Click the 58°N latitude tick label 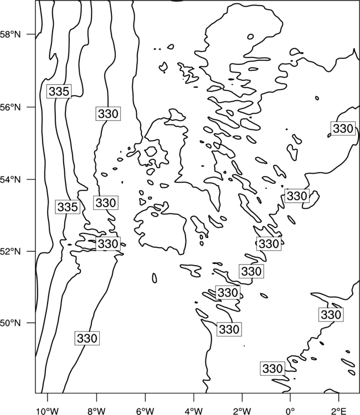tap(10, 34)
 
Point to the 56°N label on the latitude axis tap(10, 107)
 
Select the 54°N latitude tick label tap(10, 180)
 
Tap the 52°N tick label tap(10, 251)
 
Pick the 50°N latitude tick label tap(10, 323)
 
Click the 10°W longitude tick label tap(48, 411)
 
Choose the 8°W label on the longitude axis tap(96, 411)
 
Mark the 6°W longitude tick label tap(145, 411)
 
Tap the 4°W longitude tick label tap(194, 411)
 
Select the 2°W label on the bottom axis tap(242, 411)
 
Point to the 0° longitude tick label tap(290, 411)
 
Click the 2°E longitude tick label tap(339, 411)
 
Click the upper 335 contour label tap(59, 91)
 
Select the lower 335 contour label tap(68, 207)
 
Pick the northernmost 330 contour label tap(108, 114)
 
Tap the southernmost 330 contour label tap(272, 369)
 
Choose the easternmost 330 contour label tap(343, 128)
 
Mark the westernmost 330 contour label tap(87, 338)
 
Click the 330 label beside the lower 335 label tap(106, 203)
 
